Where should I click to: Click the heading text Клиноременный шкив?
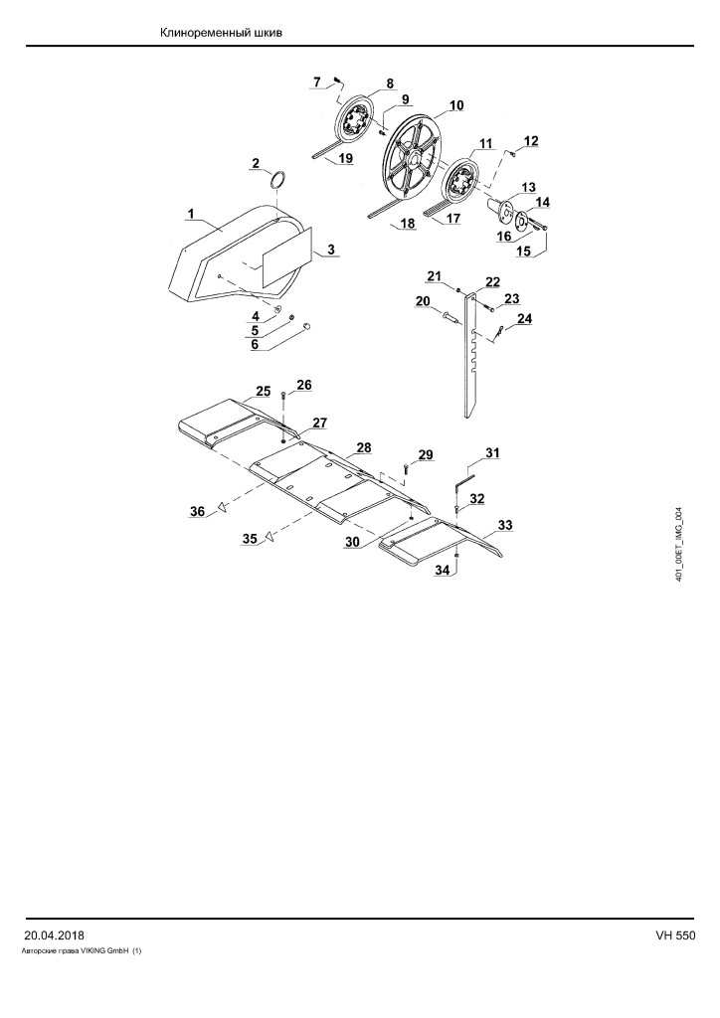pos(222,33)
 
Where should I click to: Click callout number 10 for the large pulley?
pos(455,105)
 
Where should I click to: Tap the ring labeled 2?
pos(277,179)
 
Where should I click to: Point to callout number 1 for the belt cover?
pos(191,213)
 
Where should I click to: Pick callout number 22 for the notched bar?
pos(493,281)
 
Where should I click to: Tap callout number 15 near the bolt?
pos(523,251)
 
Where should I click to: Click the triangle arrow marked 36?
pos(223,506)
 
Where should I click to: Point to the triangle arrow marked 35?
pos(269,536)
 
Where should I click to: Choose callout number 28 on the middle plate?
pos(364,447)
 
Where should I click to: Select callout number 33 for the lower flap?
pos(505,525)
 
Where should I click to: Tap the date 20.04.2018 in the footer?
pos(54,935)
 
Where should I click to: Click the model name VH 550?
pos(675,935)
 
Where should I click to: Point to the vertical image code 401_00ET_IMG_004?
pos(679,544)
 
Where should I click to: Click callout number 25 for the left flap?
pos(263,391)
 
